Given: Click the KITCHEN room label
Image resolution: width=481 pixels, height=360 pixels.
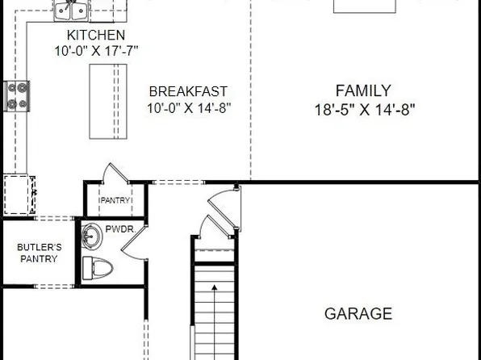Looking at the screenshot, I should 96,35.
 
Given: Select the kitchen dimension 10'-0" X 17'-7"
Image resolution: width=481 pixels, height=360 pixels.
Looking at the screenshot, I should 96,51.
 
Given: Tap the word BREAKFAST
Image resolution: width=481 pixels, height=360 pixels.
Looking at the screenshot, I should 187,91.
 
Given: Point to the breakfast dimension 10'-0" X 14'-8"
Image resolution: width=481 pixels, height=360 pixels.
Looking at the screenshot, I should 187,107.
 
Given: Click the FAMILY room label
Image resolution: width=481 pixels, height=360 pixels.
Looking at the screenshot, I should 363,90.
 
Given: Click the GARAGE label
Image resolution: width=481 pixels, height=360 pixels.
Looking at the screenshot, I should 358,313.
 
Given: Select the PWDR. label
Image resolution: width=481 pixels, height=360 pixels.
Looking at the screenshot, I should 132,229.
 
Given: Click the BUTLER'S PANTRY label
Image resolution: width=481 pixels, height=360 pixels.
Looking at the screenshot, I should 39,253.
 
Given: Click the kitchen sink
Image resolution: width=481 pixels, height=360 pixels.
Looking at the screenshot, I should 71,10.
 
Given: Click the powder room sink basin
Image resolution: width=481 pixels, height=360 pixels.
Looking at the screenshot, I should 94,237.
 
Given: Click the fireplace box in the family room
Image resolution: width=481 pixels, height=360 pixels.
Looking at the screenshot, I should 366,6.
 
